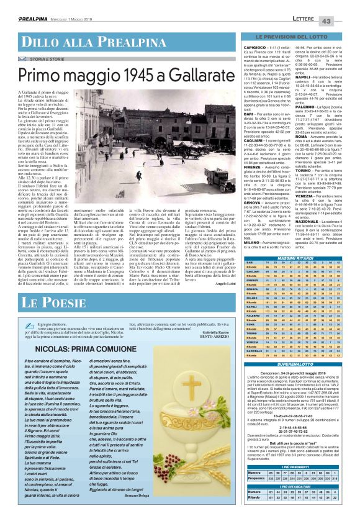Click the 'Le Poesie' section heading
tap(55, 302)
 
